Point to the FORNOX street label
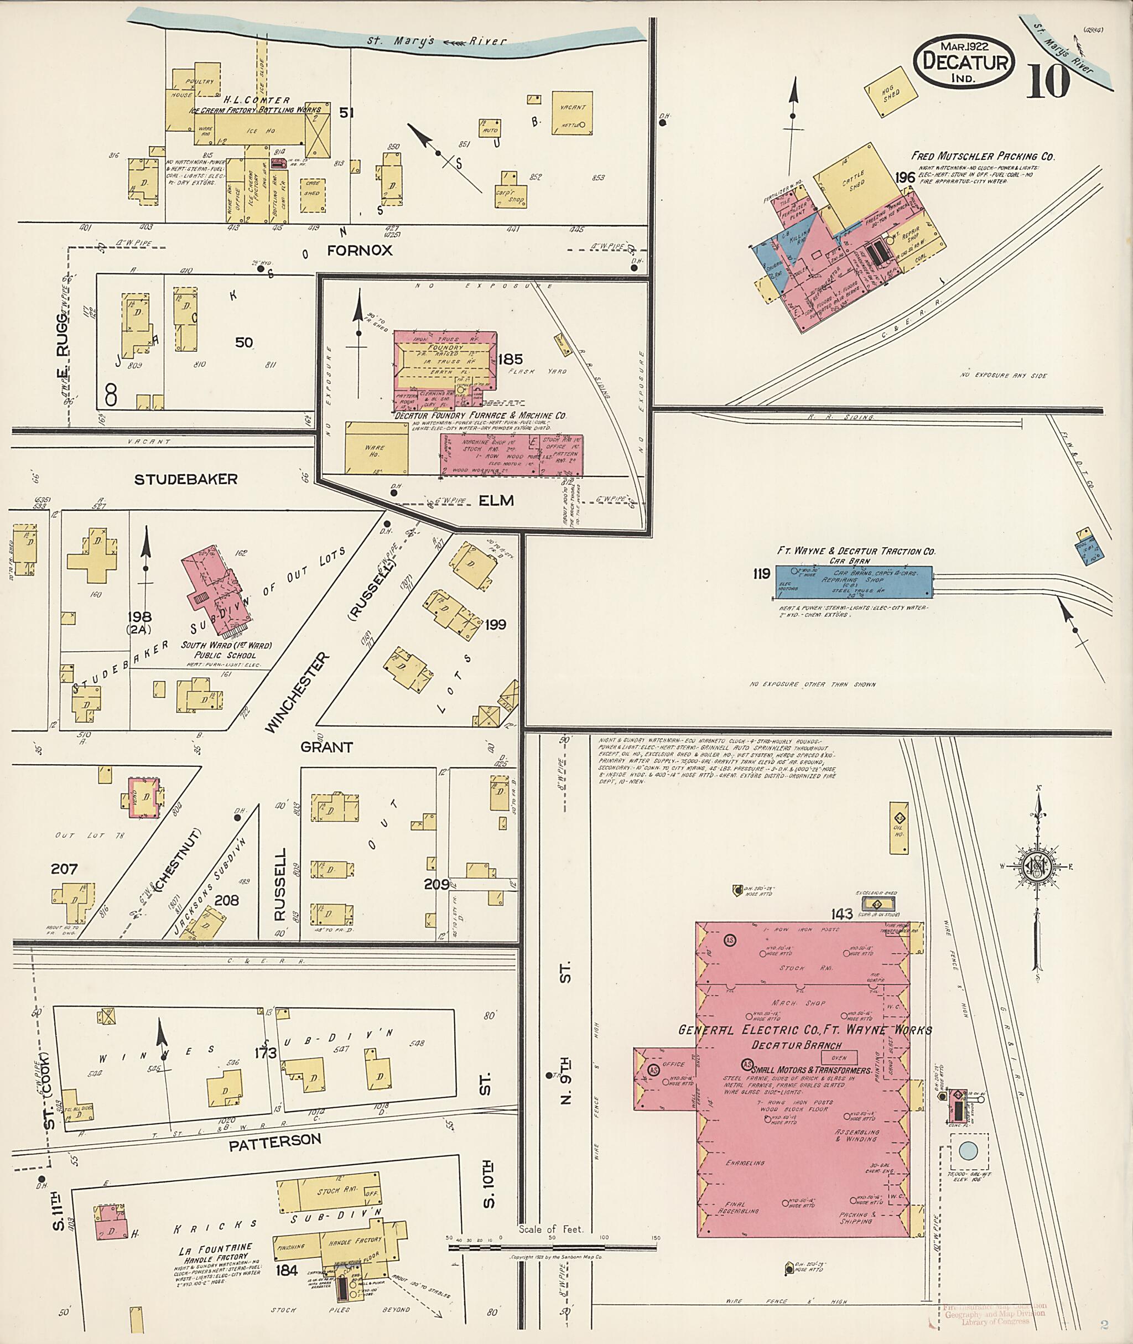tap(359, 251)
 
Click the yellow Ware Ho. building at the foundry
tap(376, 448)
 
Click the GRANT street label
tap(327, 747)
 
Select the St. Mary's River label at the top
tap(436, 41)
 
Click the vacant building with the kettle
tap(571, 114)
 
